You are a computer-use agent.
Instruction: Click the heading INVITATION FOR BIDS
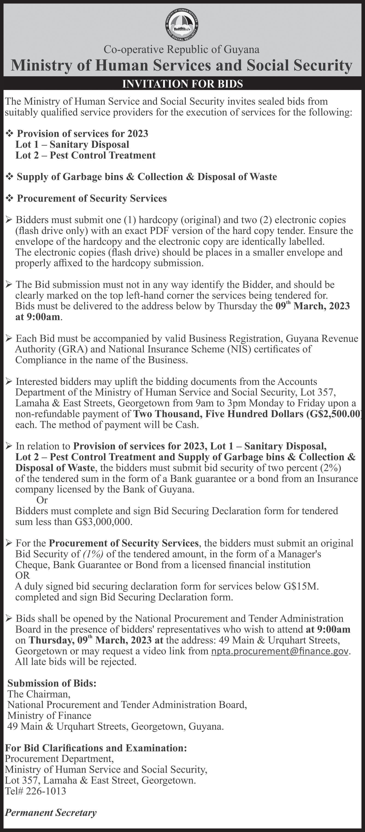[182, 84]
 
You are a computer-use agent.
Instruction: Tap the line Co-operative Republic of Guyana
[182, 49]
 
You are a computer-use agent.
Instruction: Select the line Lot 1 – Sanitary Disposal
[72, 144]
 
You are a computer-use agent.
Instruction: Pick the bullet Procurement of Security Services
[92, 198]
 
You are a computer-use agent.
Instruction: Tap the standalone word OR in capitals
[23, 575]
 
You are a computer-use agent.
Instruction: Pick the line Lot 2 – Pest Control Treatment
[85, 155]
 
